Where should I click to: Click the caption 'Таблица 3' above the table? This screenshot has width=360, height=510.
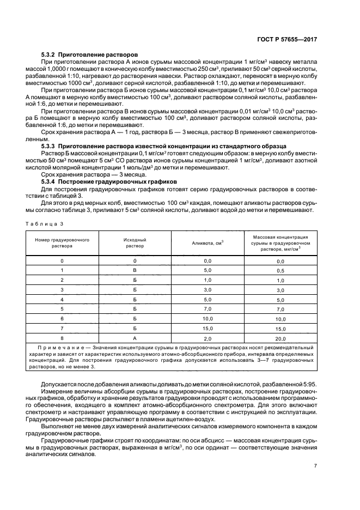click(x=45, y=223)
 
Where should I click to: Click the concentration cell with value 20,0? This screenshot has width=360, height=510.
click(x=280, y=338)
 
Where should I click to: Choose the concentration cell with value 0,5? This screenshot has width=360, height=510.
click(x=280, y=271)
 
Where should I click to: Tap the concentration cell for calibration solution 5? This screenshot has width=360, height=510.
click(x=280, y=309)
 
